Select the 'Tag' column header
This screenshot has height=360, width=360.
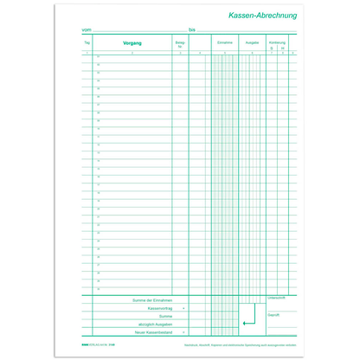[x=87, y=42]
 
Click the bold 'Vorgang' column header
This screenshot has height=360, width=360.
[x=133, y=42]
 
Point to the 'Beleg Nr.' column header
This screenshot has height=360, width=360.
[x=180, y=43]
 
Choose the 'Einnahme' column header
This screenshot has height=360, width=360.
[x=225, y=42]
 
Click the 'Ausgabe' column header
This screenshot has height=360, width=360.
[x=252, y=42]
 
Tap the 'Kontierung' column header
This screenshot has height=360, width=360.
[x=277, y=42]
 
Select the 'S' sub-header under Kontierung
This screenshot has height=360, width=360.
[x=271, y=48]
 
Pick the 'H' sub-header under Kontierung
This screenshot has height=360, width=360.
[x=282, y=48]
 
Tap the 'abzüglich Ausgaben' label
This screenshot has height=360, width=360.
[x=154, y=325]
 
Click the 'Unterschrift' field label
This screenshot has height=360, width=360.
[x=277, y=297]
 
